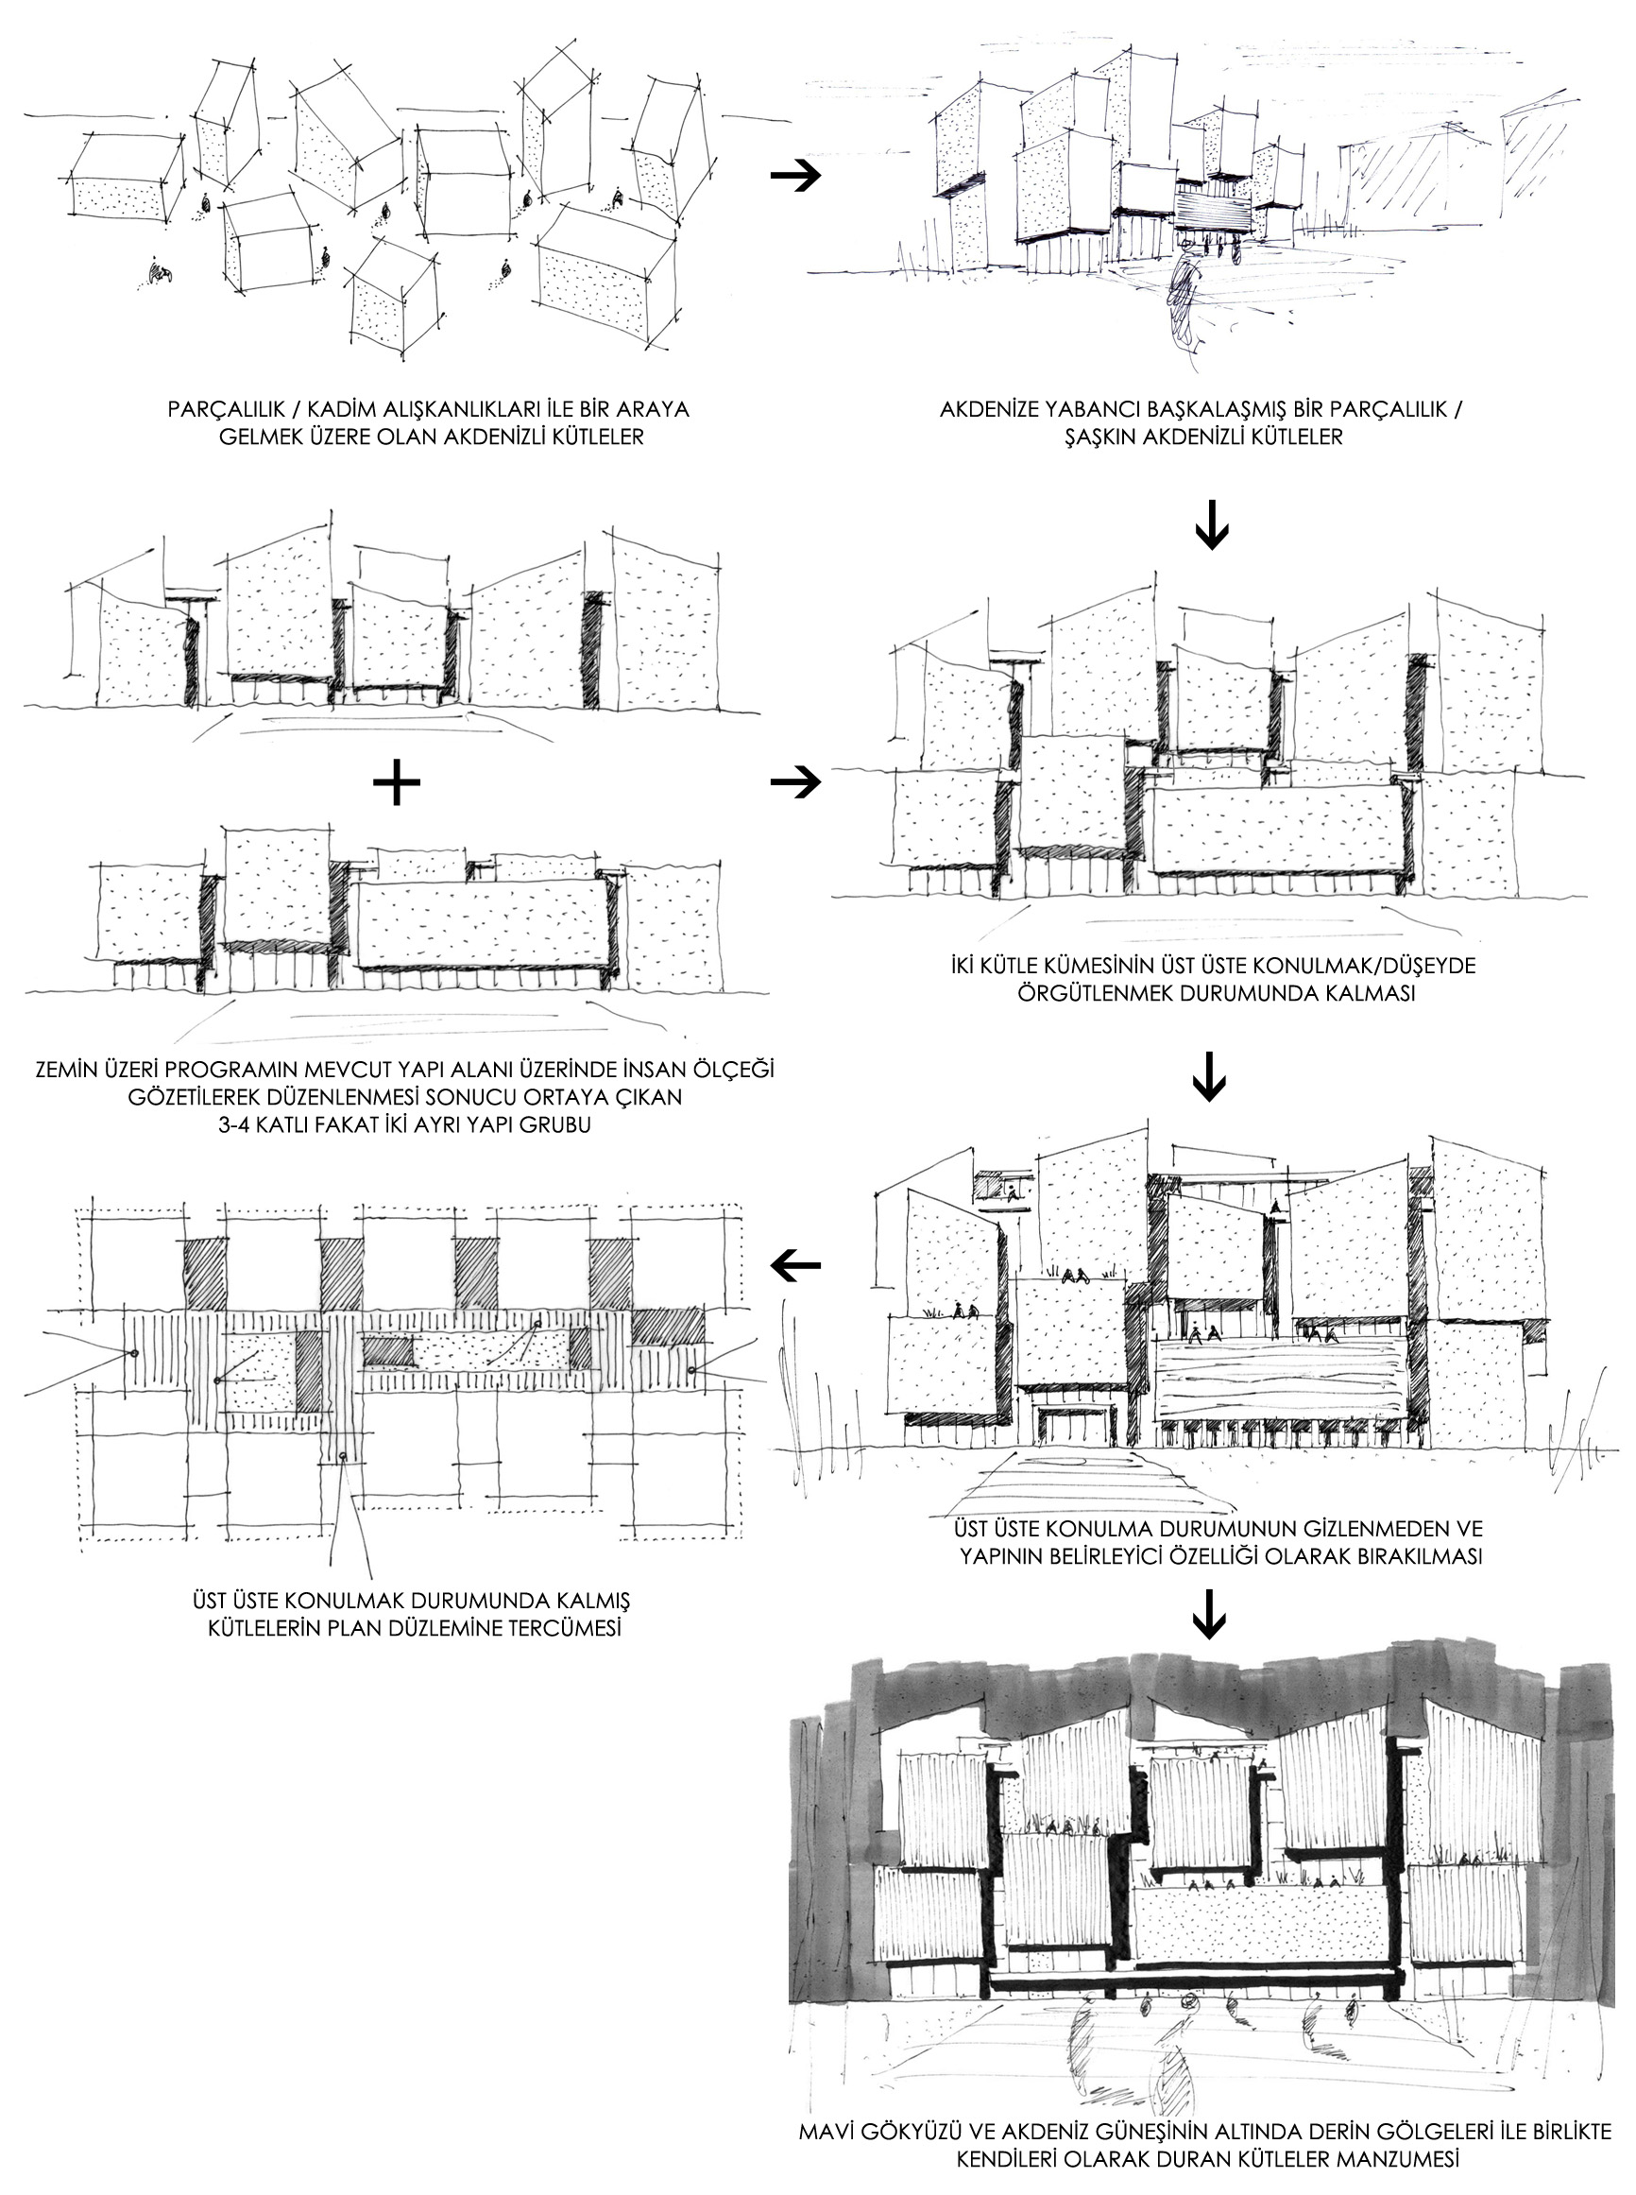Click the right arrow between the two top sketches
point(795,176)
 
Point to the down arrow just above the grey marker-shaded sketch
point(1211,1614)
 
